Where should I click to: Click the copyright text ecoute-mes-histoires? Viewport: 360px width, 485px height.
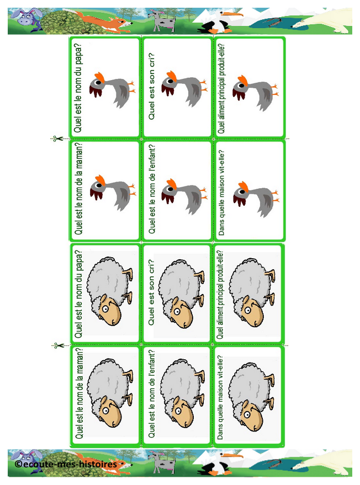66,464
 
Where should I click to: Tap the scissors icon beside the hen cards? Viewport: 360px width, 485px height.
57,139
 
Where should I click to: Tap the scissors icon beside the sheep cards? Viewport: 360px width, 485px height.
58,345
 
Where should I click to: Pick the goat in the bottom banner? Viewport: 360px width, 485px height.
161,461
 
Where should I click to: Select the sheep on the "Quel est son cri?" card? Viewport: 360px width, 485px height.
182,294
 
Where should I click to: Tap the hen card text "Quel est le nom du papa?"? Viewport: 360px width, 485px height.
78,88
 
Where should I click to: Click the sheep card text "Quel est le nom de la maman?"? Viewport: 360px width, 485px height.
80,393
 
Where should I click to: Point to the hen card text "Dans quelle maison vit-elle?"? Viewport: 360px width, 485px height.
221,193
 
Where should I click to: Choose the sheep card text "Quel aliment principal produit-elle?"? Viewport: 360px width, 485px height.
220,295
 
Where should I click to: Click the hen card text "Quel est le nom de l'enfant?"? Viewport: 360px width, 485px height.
152,189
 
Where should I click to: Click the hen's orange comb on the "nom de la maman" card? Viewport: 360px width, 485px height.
100,180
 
